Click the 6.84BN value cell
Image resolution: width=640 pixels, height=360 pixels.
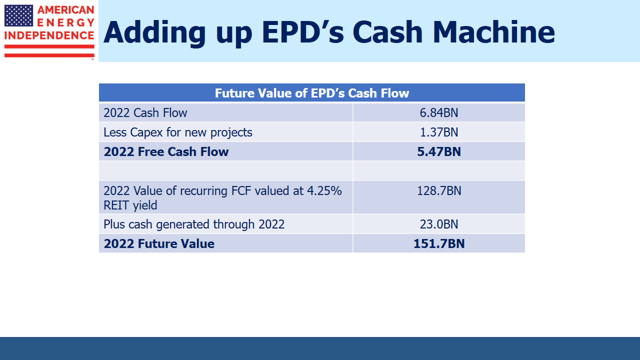tap(439, 113)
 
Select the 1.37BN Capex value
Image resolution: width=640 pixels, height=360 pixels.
tap(439, 132)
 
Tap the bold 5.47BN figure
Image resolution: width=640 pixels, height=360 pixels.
tap(439, 151)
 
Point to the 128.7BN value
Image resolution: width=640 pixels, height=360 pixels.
tap(439, 191)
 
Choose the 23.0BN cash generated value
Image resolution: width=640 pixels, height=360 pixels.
tap(439, 224)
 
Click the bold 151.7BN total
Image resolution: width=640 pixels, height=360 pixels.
tap(439, 243)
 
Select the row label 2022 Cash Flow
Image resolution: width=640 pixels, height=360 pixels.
tap(145, 113)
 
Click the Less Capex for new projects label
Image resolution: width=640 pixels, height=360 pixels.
tap(177, 132)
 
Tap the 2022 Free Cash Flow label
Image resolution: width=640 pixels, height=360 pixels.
tap(166, 151)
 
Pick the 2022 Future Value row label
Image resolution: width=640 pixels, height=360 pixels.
tap(159, 243)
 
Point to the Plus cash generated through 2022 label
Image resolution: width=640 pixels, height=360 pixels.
tap(194, 224)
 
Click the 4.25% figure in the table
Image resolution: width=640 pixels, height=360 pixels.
tap(324, 191)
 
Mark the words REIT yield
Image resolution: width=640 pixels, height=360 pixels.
tap(130, 205)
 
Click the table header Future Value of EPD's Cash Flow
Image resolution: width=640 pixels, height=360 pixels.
tap(311, 93)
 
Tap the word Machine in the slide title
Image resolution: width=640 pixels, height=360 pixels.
tap(493, 32)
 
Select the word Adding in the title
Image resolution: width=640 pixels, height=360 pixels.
tap(154, 33)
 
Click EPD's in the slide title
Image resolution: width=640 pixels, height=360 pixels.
tap(303, 32)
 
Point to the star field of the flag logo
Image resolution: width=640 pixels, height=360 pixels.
tap(18, 15)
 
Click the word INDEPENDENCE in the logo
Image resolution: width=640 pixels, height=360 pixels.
tap(49, 35)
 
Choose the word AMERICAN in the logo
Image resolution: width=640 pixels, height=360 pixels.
tap(65, 10)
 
